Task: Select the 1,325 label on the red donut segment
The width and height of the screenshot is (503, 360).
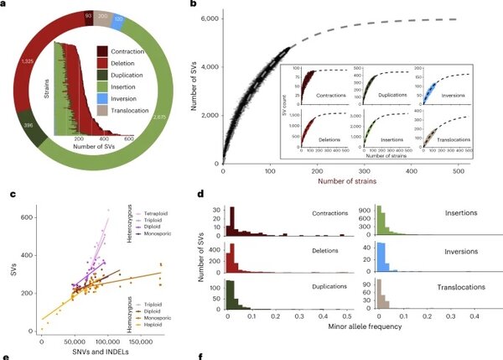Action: (x=27, y=62)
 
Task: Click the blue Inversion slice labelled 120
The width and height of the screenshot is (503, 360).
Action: (x=118, y=16)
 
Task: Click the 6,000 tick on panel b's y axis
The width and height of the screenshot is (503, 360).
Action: (x=209, y=18)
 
